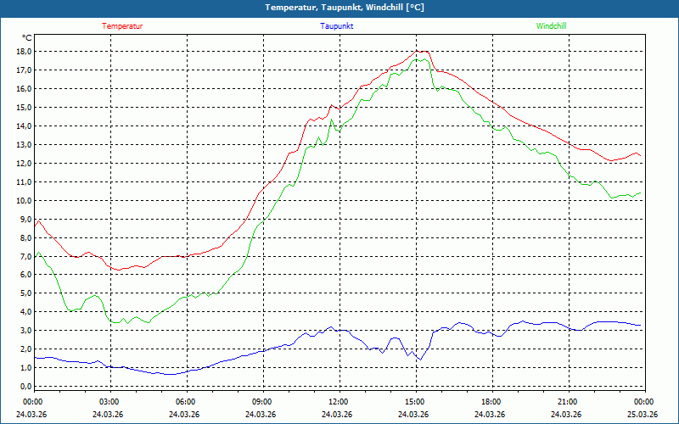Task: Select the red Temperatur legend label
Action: coord(122,26)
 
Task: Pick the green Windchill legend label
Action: coord(551,26)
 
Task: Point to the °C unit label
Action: coord(27,38)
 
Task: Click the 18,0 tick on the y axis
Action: coord(24,52)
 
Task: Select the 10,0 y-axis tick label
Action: coord(24,201)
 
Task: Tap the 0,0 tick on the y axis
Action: coord(24,387)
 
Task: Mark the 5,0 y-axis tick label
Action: coord(24,293)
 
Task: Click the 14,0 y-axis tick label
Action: coord(24,126)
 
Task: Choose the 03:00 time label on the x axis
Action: coord(109,402)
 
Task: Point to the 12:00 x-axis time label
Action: coord(338,402)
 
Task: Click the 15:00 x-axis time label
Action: coord(414,402)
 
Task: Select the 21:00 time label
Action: coord(567,402)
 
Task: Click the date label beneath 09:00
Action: coord(261,415)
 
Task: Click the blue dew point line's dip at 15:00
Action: coord(418,360)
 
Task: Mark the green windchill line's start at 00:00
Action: coord(35,257)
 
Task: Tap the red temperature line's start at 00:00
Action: coord(35,222)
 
